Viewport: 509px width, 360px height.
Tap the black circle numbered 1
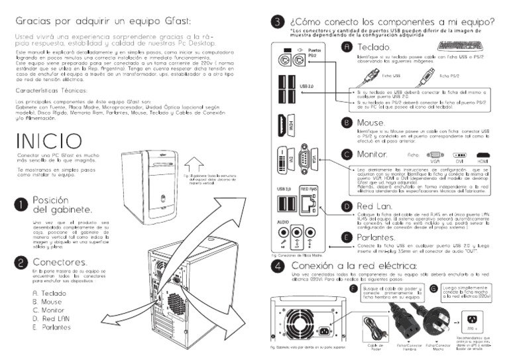tap(22, 204)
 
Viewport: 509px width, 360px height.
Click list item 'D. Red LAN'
tap(52, 319)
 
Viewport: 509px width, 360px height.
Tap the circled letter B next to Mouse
tap(346, 123)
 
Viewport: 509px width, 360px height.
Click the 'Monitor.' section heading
tap(374, 154)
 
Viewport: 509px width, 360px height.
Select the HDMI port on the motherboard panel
tap(282, 123)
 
